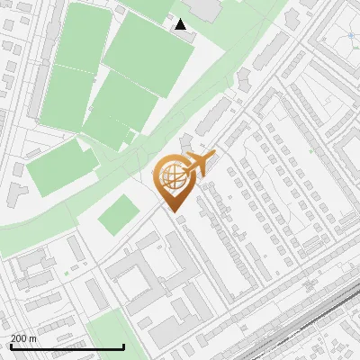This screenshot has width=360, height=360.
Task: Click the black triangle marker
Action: tap(181, 24)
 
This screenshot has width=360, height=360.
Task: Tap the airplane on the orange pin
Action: tap(199, 163)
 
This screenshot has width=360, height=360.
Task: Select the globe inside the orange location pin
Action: tap(173, 178)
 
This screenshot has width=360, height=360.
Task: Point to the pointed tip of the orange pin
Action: tap(175, 213)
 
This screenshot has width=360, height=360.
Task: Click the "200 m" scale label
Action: tap(24, 338)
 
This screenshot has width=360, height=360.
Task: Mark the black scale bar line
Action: tap(67, 346)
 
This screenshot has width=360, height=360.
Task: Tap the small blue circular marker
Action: tap(351, 36)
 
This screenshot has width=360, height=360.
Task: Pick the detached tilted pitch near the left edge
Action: tap(61, 171)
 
